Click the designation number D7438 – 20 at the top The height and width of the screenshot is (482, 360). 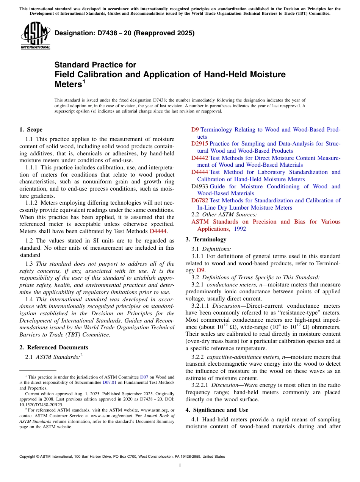click(124, 33)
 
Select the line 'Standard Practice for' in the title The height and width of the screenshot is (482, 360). click(95, 65)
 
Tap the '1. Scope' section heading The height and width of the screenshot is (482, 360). click(31, 130)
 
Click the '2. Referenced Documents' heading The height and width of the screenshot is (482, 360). click(54, 347)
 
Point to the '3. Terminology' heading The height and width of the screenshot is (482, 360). click(206, 239)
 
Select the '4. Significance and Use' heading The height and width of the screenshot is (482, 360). click(217, 410)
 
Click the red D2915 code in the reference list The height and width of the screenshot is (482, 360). click(199, 144)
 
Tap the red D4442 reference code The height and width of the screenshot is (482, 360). click(199, 158)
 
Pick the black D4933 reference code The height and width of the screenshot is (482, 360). click(199, 186)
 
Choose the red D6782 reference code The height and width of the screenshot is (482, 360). click(199, 200)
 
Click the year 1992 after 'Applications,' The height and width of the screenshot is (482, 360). click(239, 229)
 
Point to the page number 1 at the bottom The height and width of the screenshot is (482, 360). click(180, 466)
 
